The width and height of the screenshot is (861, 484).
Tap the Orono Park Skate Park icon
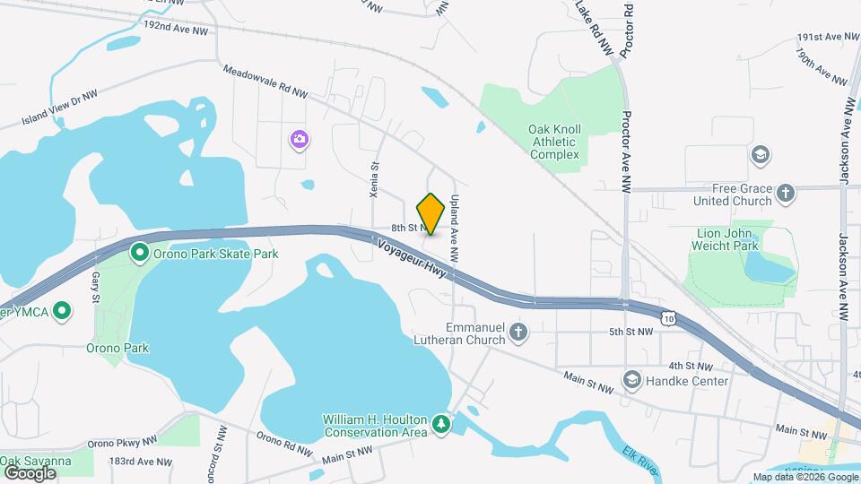click(x=140, y=254)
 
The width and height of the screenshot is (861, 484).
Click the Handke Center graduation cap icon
click(x=632, y=381)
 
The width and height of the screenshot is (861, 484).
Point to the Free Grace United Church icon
click(x=786, y=194)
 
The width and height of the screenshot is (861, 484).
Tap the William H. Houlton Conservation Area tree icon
click(x=440, y=422)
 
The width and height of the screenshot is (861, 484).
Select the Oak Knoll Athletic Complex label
click(x=554, y=142)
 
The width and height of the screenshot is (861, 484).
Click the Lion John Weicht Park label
click(x=727, y=239)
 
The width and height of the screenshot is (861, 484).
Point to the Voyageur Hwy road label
click(x=412, y=254)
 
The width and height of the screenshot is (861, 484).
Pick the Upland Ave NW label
click(x=456, y=229)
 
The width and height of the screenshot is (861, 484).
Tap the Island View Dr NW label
click(x=59, y=106)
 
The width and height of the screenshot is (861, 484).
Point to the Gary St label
click(x=95, y=288)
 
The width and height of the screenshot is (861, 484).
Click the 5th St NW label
click(x=631, y=332)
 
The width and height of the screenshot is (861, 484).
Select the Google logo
click(x=30, y=472)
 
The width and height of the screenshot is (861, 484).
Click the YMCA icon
click(x=61, y=312)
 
